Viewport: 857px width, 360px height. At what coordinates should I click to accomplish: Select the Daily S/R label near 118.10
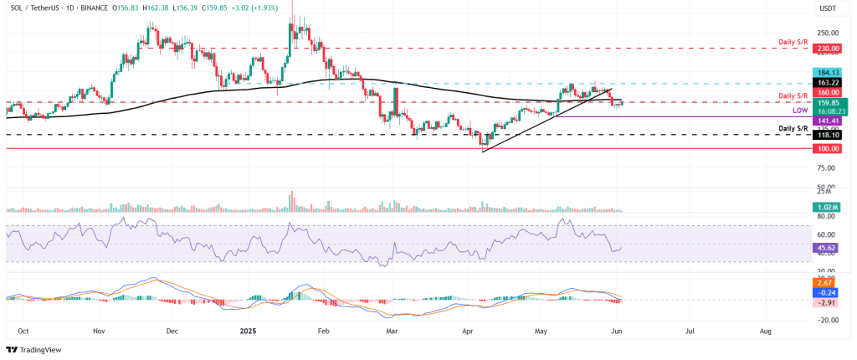(x=793, y=128)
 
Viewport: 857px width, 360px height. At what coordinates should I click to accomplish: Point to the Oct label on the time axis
(x=23, y=331)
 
